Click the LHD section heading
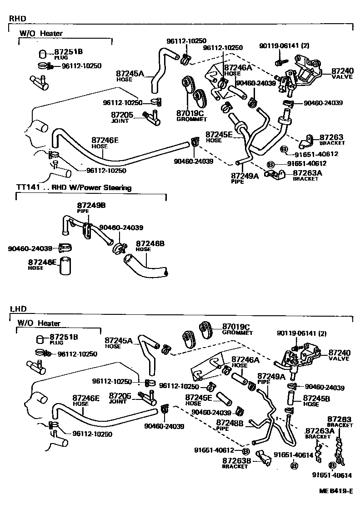coord(18,309)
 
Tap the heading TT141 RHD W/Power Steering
coord(74,187)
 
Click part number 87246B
coord(150,243)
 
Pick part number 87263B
coord(236,460)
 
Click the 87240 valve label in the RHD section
coord(342,71)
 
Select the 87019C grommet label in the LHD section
coord(236,327)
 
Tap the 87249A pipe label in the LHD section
coord(271,376)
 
